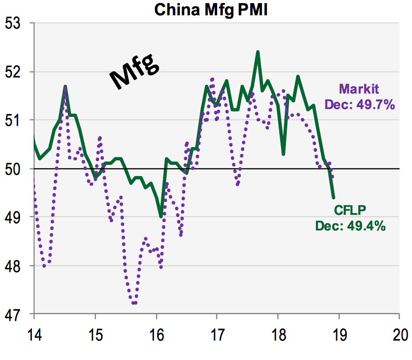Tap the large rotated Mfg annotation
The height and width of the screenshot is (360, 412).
pos(135,72)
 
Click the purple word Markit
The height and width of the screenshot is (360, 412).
pos(359,89)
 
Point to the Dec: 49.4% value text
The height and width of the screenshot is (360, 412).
pos(350,226)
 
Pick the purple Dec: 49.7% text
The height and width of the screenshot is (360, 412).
pos(360,105)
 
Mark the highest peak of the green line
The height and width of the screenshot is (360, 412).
pos(257,52)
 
